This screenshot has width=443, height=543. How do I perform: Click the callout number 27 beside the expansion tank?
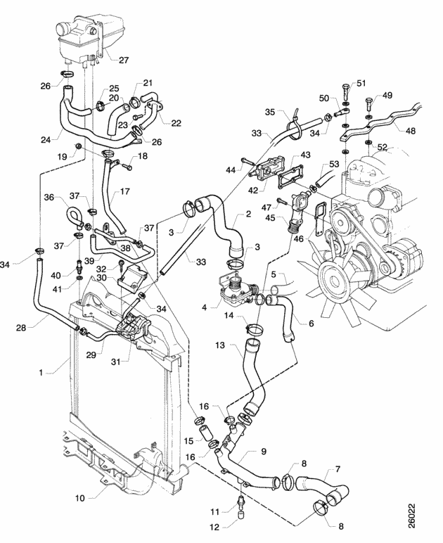[124, 60]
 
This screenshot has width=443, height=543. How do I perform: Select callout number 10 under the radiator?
[80, 498]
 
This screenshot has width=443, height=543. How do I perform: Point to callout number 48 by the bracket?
[410, 131]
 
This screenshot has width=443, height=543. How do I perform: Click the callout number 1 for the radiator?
[41, 373]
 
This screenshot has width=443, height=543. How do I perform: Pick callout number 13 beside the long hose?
[220, 345]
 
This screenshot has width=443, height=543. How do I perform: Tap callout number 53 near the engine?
[334, 163]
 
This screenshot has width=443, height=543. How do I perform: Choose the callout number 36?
[49, 197]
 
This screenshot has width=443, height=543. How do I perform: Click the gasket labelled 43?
[290, 181]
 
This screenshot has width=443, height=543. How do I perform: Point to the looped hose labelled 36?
[73, 217]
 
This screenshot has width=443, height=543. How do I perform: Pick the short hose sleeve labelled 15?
[206, 433]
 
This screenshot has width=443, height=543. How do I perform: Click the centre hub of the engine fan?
[334, 279]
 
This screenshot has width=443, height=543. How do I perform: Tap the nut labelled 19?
[78, 146]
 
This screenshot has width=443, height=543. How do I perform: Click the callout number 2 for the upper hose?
[248, 214]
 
